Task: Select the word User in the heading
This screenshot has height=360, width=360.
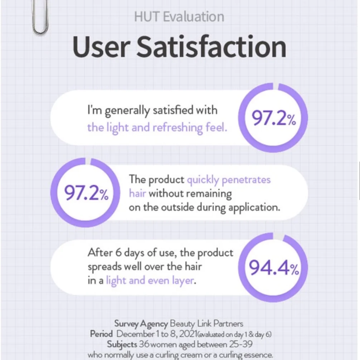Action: point(101,47)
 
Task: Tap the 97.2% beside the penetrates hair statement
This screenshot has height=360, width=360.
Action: point(86,193)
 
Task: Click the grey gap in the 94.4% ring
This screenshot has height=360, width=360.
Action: point(278,236)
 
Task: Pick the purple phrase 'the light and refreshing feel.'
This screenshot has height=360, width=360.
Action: point(157,127)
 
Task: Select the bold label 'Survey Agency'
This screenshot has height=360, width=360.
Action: point(141,324)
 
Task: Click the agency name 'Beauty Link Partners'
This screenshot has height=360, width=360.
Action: point(206,324)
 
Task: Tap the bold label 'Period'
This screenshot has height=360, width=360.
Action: point(101,334)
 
